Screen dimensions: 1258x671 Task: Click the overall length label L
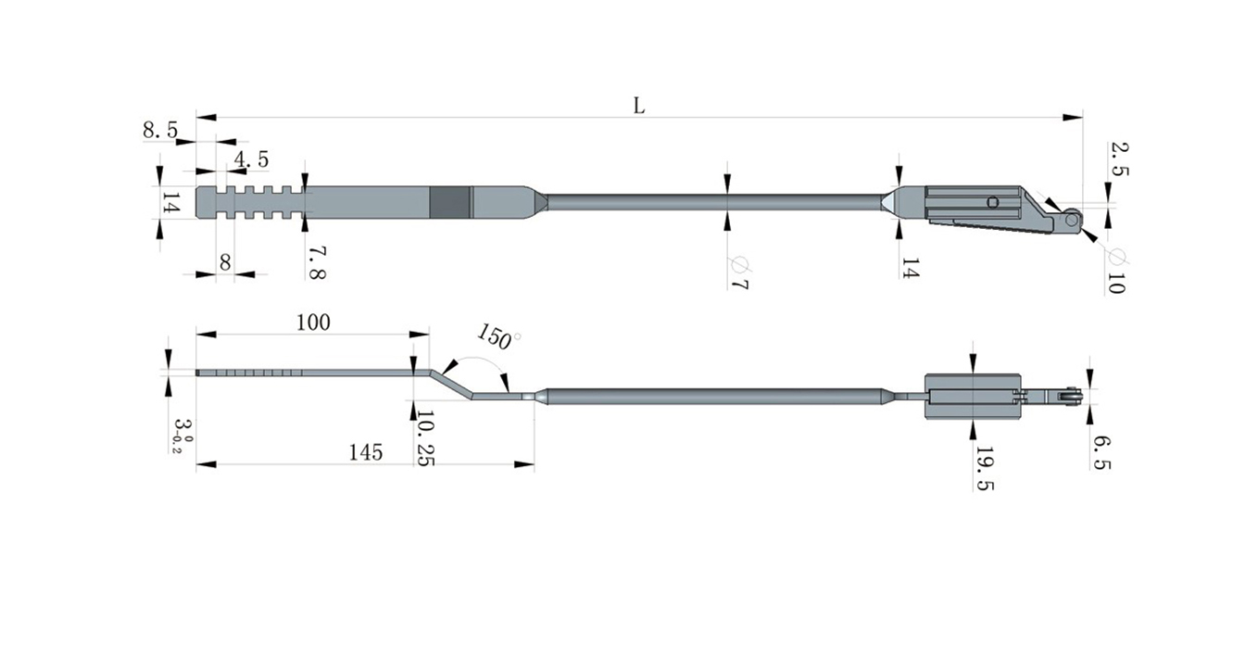(638, 105)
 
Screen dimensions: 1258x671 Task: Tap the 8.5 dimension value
(160, 131)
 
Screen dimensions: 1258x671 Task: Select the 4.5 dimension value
(251, 159)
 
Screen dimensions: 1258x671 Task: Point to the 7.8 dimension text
(316, 262)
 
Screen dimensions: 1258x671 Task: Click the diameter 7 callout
(737, 273)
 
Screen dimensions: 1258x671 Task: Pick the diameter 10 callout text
(1115, 271)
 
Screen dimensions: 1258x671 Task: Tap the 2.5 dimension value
(1117, 159)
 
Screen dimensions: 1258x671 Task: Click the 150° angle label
(498, 336)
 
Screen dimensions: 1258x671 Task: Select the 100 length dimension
(313, 323)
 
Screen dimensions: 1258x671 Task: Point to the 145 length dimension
(366, 452)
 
